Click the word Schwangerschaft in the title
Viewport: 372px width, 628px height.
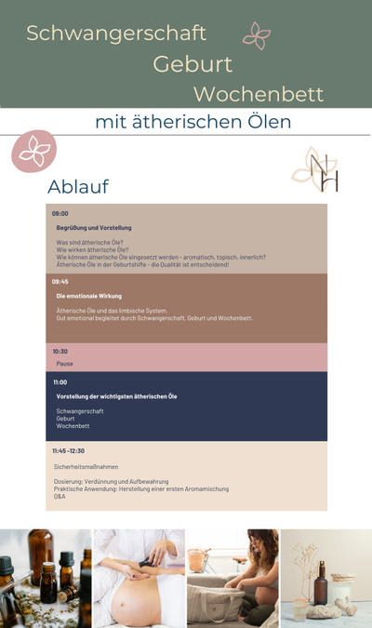(x=115, y=33)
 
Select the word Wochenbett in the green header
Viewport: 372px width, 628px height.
(x=259, y=94)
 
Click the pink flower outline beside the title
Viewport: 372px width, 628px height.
(x=256, y=35)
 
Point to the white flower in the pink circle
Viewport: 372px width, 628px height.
(x=33, y=150)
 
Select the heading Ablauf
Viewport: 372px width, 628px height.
(x=78, y=186)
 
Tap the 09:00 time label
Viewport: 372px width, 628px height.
(x=60, y=213)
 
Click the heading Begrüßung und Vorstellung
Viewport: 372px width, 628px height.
(x=94, y=228)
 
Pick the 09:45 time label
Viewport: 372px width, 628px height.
(x=60, y=281)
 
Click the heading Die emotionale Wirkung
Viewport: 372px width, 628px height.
(x=89, y=296)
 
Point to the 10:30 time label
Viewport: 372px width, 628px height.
(x=60, y=352)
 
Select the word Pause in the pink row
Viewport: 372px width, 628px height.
(x=64, y=364)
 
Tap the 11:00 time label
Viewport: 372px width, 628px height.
(x=60, y=382)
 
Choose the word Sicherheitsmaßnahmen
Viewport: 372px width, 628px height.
(x=86, y=466)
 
